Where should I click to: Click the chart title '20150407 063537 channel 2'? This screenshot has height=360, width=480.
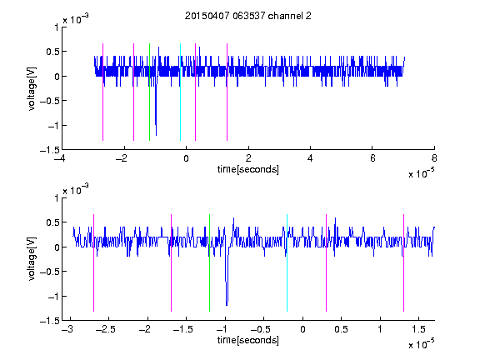click(x=248, y=16)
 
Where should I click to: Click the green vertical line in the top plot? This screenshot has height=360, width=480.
click(x=149, y=92)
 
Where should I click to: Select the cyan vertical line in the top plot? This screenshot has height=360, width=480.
click(x=180, y=92)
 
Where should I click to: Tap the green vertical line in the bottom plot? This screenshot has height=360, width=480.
click(x=209, y=262)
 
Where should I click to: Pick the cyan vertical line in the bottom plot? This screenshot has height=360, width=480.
click(x=287, y=262)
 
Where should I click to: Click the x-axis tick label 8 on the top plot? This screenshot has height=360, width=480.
click(x=434, y=158)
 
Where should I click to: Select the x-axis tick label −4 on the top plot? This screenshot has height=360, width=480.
click(x=60, y=158)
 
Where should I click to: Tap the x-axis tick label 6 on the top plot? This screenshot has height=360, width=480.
click(x=372, y=158)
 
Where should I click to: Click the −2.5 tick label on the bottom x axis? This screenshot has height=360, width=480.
click(x=105, y=329)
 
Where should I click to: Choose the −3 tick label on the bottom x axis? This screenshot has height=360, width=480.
click(x=67, y=329)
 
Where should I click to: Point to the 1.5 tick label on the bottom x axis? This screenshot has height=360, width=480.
click(x=418, y=329)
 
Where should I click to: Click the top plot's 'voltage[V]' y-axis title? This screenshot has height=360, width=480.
click(x=32, y=89)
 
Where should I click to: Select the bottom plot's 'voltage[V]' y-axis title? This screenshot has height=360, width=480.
click(x=32, y=259)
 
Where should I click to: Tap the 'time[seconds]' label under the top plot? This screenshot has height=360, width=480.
click(x=248, y=169)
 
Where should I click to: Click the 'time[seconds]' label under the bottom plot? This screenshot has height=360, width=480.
click(x=248, y=340)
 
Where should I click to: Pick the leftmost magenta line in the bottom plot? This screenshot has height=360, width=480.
click(x=93, y=262)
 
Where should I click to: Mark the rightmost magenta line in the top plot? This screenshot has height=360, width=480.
click(x=227, y=92)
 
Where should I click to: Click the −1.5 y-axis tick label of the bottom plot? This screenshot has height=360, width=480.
click(x=50, y=321)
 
